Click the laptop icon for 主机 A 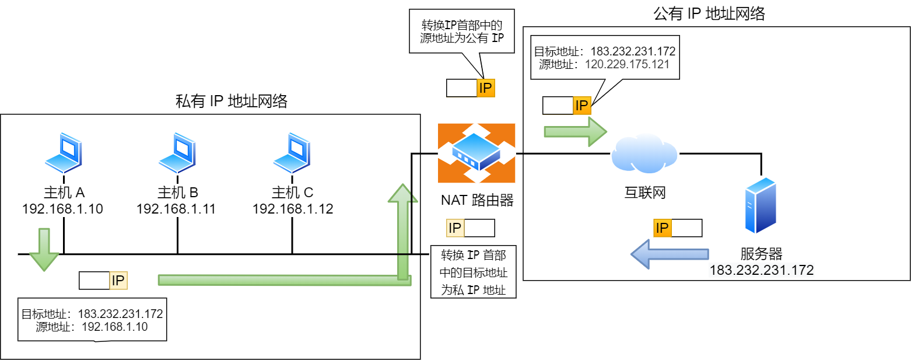[x=63, y=152]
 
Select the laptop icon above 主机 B [x=177, y=152]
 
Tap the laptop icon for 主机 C [x=292, y=152]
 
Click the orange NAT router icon [x=476, y=153]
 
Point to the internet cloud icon [x=644, y=153]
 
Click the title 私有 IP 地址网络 [x=232, y=102]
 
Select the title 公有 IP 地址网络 [x=709, y=14]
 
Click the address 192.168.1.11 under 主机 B [x=176, y=209]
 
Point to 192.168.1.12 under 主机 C [x=292, y=209]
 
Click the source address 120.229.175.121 [x=627, y=64]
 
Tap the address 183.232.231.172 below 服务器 [x=761, y=270]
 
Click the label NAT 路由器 [x=476, y=201]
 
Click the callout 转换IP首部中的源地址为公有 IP [x=461, y=32]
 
